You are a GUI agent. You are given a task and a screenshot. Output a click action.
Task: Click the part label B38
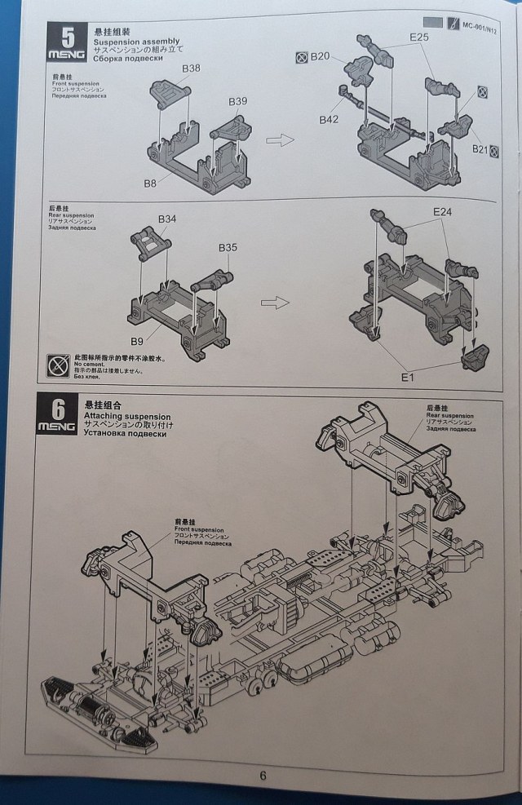(x=191, y=69)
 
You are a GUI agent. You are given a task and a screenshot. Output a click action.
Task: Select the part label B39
(x=237, y=101)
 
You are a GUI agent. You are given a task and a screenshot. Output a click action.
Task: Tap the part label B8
(x=150, y=184)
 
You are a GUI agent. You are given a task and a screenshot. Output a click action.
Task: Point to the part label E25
(x=419, y=38)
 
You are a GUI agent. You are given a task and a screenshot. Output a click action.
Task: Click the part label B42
(x=329, y=119)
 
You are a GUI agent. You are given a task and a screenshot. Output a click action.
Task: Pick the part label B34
(x=166, y=219)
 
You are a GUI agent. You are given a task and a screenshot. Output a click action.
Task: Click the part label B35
(x=228, y=247)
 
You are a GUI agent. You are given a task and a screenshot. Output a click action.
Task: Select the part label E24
(x=443, y=211)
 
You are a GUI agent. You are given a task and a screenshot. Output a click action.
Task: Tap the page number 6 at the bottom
(x=263, y=776)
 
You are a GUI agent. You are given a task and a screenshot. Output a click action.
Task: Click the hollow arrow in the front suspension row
(x=280, y=140)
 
